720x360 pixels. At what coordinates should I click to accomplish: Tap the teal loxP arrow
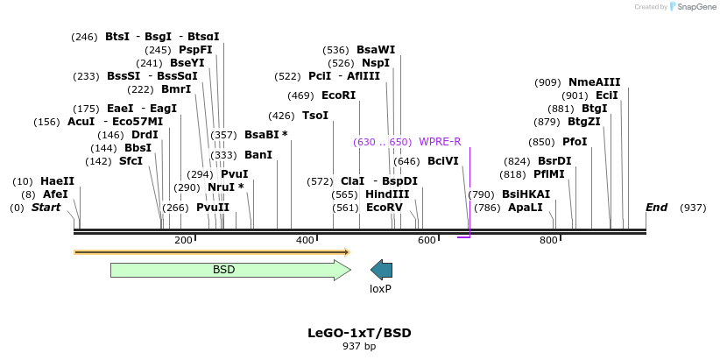pos(381,270)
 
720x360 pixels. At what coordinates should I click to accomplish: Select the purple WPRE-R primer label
pos(440,142)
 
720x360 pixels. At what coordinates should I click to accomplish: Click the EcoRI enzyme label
pos(338,95)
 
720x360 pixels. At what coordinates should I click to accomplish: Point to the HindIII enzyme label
pos(387,194)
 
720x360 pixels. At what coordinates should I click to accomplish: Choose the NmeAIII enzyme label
pos(594,82)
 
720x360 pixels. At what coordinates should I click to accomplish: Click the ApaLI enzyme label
pos(526,208)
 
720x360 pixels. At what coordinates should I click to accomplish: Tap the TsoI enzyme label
pos(315,116)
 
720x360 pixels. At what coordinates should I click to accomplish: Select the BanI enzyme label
pos(258,155)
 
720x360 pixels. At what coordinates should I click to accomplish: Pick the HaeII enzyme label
pos(57,181)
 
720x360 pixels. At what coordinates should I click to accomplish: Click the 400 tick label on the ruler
pos(305,240)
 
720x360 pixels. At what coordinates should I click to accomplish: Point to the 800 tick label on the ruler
pos(548,240)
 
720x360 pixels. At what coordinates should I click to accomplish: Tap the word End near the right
pos(656,208)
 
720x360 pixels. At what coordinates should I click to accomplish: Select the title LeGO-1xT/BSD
pos(359,333)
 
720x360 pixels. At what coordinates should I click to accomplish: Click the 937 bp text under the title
pos(359,347)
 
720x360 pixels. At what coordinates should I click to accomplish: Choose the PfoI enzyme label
pos(575,142)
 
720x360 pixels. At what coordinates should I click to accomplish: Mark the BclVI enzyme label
pos(442,161)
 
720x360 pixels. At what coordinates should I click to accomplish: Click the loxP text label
pos(380,288)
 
